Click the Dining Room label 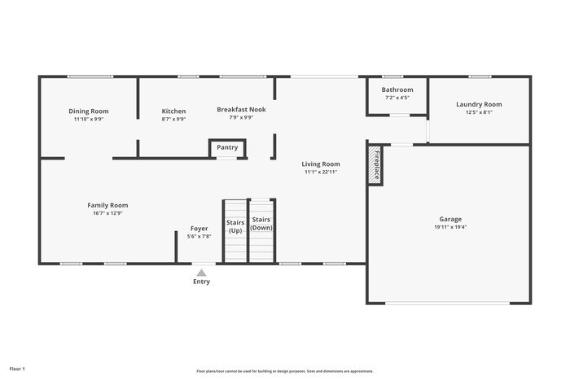click(89, 111)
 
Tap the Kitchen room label click(173, 111)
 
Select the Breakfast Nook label click(241, 109)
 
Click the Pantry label click(227, 147)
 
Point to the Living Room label click(321, 164)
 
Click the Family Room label click(108, 205)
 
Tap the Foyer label click(199, 229)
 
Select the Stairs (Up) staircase click(235, 231)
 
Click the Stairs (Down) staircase click(261, 230)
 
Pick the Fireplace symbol click(375, 165)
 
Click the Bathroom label click(397, 90)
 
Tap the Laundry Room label click(479, 104)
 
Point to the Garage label click(450, 219)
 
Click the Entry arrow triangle click(201, 273)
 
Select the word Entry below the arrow click(201, 282)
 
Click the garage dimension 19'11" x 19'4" click(450, 228)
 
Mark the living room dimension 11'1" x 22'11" click(321, 172)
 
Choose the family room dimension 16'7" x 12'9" click(108, 213)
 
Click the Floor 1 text click(17, 369)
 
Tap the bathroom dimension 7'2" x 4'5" click(397, 98)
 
